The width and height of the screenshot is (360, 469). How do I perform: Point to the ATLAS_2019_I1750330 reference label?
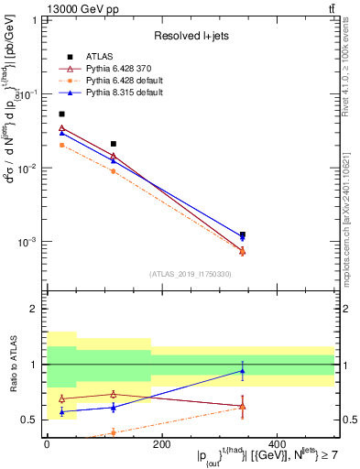click(x=191, y=273)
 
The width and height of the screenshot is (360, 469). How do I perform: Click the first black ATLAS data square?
click(x=61, y=114)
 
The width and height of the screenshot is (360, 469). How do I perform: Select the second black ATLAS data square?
click(x=113, y=144)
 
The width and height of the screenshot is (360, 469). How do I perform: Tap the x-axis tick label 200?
click(x=161, y=443)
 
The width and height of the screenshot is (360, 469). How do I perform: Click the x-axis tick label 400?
click(x=276, y=443)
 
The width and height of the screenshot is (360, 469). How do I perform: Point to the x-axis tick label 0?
click(x=47, y=443)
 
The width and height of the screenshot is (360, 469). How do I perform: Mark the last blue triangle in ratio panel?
click(x=242, y=371)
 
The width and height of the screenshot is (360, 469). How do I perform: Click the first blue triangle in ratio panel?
click(x=61, y=411)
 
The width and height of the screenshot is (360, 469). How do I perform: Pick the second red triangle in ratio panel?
click(x=113, y=394)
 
